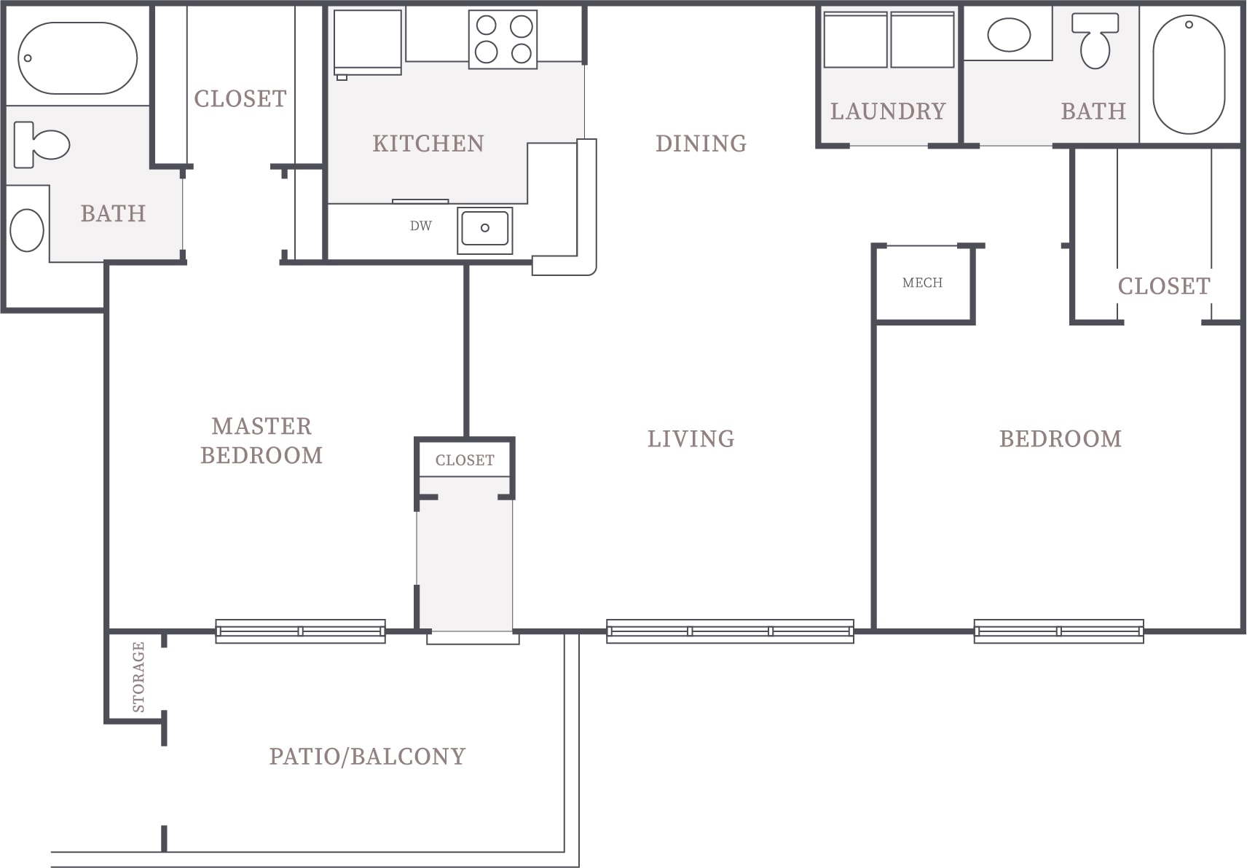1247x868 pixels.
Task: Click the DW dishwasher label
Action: (x=421, y=226)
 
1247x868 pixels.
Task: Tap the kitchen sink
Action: (x=485, y=230)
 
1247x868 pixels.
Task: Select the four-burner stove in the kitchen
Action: (x=503, y=39)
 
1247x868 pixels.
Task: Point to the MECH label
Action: (x=922, y=283)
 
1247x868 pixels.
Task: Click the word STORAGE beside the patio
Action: (x=138, y=677)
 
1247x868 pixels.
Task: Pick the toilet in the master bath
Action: (x=42, y=145)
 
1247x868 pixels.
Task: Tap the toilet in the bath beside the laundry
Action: (x=1095, y=42)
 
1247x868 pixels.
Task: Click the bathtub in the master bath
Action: (x=78, y=58)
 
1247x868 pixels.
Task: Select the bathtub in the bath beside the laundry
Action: (x=1189, y=74)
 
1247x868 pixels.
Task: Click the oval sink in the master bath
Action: (x=27, y=230)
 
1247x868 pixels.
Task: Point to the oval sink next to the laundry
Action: (x=1009, y=34)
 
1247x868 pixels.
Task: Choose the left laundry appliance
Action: (x=855, y=40)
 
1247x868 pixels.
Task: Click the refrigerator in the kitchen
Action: (x=367, y=42)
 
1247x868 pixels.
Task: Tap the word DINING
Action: (x=701, y=143)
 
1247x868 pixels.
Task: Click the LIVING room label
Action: (x=691, y=439)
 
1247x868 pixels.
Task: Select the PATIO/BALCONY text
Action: (x=367, y=757)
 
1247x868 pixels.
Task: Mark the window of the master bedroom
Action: (x=301, y=631)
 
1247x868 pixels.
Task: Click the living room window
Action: (x=730, y=631)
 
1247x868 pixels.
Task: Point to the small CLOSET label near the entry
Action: (x=465, y=460)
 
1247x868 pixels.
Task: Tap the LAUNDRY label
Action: (x=888, y=111)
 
